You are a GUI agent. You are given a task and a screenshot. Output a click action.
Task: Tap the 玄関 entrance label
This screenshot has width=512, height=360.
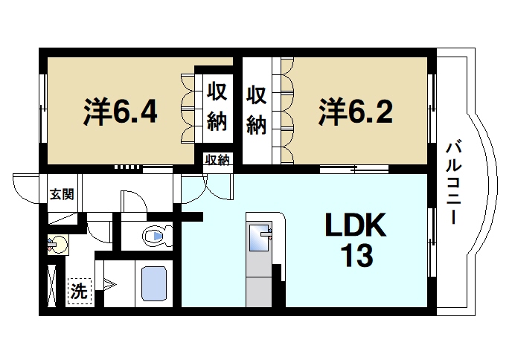pyautogui.click(x=62, y=195)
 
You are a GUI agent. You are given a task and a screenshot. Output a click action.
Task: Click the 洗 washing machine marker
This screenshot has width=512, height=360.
pyautogui.click(x=77, y=291)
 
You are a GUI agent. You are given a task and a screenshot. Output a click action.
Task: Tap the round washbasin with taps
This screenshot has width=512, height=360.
pyautogui.click(x=57, y=243)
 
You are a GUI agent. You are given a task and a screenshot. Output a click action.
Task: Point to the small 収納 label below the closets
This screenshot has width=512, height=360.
pyautogui.click(x=217, y=160)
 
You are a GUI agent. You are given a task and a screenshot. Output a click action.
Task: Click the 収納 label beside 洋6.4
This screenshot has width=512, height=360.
pyautogui.click(x=217, y=107)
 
